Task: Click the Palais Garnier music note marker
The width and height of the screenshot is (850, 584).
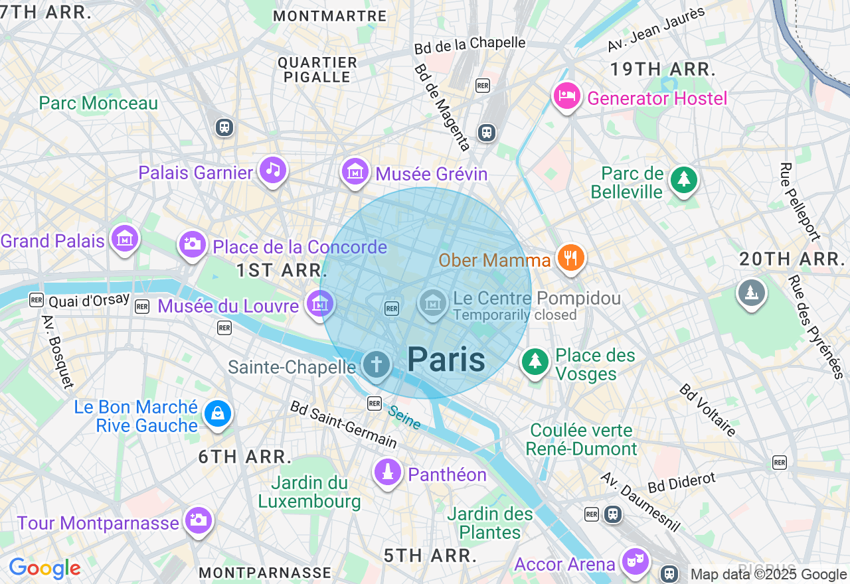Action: (272, 170)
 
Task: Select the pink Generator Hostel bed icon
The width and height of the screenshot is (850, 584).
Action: (567, 96)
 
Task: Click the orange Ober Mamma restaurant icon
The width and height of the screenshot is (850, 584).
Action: (570, 257)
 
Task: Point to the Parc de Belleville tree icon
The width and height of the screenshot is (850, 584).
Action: (683, 180)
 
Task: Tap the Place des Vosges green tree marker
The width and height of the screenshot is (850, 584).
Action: (535, 362)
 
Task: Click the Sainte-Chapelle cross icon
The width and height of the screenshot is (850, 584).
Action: (377, 364)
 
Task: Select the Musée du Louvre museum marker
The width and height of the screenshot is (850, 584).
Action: (319, 304)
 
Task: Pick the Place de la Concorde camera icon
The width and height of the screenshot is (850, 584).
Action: (192, 244)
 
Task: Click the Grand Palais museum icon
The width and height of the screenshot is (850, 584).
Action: (124, 238)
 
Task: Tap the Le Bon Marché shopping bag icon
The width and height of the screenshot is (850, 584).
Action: (217, 413)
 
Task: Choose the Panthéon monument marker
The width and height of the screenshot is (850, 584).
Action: (388, 472)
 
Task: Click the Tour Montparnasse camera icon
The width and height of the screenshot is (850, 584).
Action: (198, 520)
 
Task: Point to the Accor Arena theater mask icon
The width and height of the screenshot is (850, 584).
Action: (634, 561)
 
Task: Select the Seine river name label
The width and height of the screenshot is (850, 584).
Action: (404, 418)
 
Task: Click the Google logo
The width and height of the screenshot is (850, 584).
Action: (44, 569)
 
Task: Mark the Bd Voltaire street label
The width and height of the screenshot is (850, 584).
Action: (708, 410)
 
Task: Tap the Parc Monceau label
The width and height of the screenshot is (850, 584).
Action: (98, 104)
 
